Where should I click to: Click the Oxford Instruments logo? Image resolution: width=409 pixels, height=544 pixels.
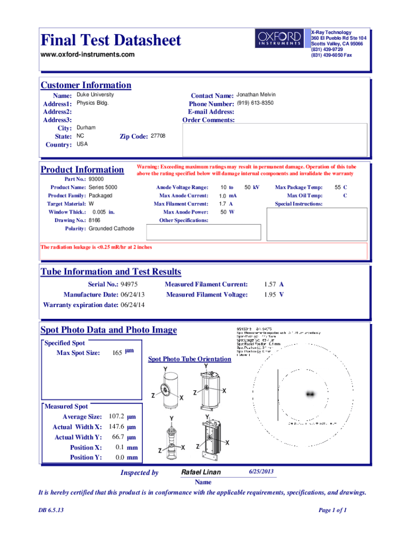click(x=279, y=39)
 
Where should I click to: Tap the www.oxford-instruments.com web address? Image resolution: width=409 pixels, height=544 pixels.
click(x=88, y=55)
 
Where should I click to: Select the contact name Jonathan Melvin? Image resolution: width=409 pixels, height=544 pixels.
click(x=256, y=95)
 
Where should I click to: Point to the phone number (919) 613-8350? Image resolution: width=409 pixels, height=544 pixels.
click(x=255, y=103)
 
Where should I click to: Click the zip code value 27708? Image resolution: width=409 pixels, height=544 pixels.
click(x=158, y=136)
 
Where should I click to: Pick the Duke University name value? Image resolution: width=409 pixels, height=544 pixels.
click(x=95, y=95)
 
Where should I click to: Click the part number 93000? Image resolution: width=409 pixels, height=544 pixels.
click(x=96, y=180)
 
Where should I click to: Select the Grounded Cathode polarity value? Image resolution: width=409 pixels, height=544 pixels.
click(x=112, y=228)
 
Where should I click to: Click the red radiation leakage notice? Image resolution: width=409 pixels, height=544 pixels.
click(x=97, y=247)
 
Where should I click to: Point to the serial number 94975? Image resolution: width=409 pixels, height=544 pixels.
click(x=130, y=285)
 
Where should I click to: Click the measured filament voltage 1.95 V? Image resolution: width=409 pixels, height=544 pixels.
click(x=274, y=295)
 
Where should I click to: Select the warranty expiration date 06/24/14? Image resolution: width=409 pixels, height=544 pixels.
click(x=133, y=305)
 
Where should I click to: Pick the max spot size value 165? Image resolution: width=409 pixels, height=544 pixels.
click(x=118, y=353)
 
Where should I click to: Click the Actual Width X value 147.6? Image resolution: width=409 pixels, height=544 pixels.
click(x=116, y=427)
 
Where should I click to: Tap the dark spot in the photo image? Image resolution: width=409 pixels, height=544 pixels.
click(x=309, y=394)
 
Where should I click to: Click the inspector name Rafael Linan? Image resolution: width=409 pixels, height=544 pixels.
click(x=201, y=472)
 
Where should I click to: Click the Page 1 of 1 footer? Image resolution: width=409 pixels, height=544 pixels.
click(x=333, y=511)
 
